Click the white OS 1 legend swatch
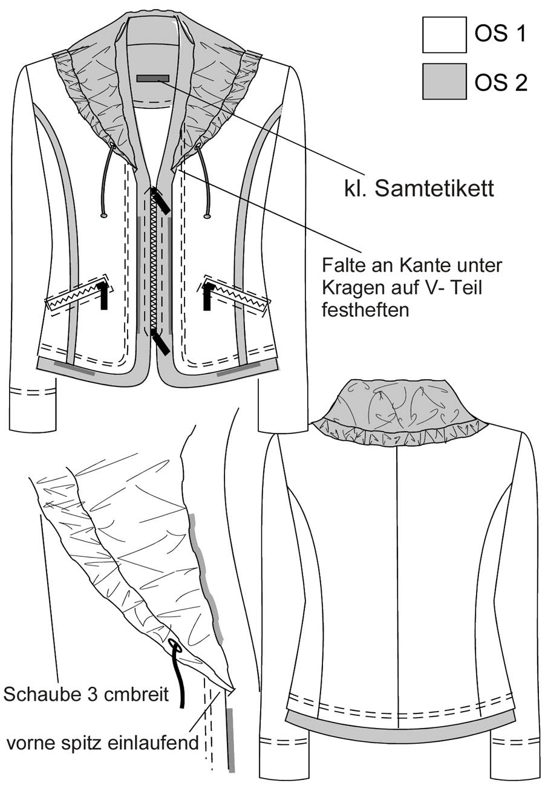[444, 34]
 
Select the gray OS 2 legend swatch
[444, 81]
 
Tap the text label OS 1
[501, 34]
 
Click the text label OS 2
[501, 83]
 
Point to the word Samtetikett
[434, 189]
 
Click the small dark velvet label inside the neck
[153, 78]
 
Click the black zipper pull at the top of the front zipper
[161, 200]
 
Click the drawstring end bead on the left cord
[103, 215]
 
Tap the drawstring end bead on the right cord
[207, 216]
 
